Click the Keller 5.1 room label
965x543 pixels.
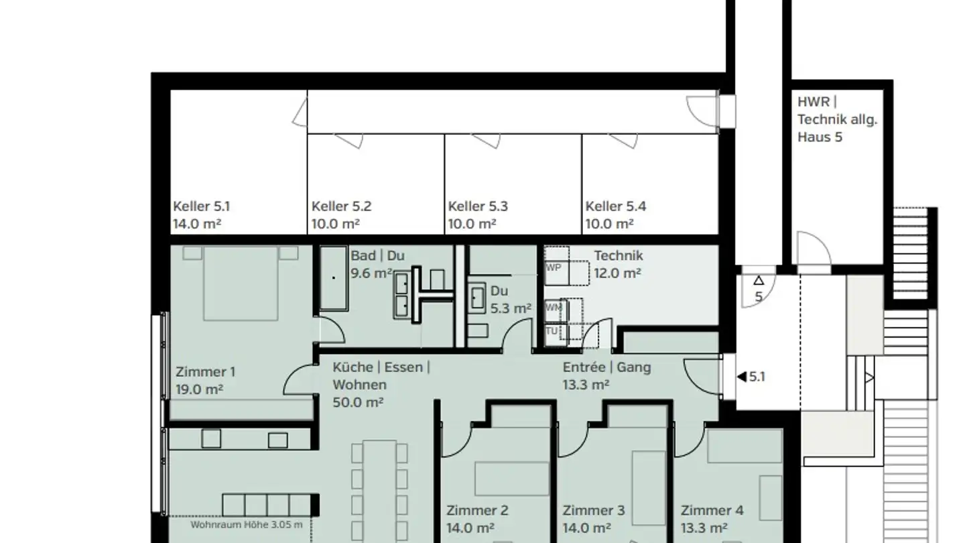(x=201, y=206)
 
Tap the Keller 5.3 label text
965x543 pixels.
(x=478, y=206)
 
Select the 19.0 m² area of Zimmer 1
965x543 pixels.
(x=199, y=389)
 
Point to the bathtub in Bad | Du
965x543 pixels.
(x=334, y=278)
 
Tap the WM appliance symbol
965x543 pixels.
(x=554, y=308)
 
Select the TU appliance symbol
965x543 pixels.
(x=553, y=331)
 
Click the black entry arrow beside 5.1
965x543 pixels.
(x=741, y=377)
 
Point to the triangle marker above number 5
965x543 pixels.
(x=759, y=281)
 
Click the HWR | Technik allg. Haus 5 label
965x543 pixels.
(x=837, y=119)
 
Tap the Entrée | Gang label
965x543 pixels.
(x=606, y=367)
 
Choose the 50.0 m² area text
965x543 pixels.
(x=358, y=402)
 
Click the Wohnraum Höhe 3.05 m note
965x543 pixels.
(x=246, y=525)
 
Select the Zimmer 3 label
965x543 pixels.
(x=593, y=510)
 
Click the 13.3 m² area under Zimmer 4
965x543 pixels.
(x=704, y=528)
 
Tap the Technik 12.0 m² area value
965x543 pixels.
(x=617, y=273)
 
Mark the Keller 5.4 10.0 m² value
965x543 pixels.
(x=609, y=224)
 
